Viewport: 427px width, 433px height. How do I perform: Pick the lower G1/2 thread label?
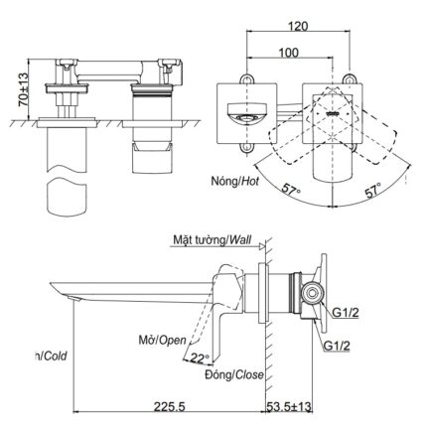click(x=337, y=346)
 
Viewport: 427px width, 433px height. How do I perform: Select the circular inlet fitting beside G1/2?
click(x=314, y=293)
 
